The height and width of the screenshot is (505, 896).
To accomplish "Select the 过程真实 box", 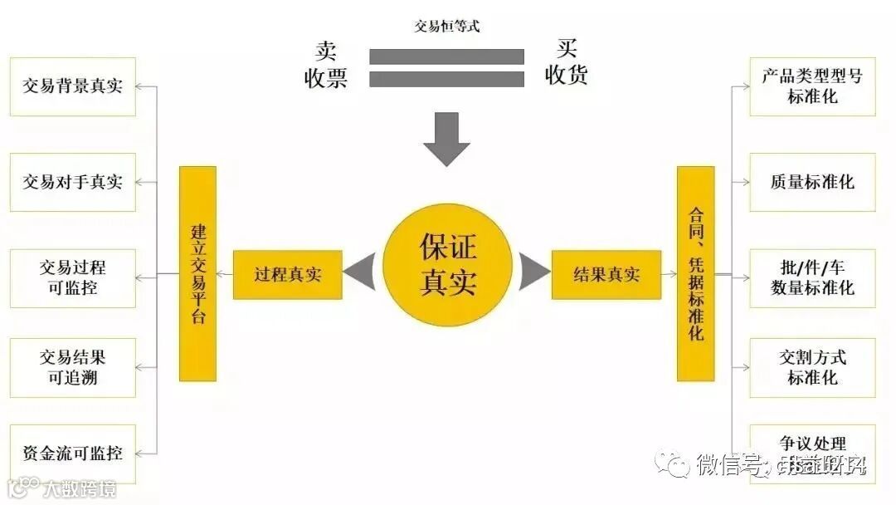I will pos(287,275).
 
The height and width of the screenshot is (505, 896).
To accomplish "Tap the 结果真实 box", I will pos(606,275).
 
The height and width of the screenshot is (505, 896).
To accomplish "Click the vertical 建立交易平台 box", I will pos(197,273).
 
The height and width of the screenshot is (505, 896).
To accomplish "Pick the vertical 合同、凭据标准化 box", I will pos(695,273).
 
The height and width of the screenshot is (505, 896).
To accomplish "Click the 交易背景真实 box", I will pos(72,86).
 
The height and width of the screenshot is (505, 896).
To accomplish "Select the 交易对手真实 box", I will pos(72,182).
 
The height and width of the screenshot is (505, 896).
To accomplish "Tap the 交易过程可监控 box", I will pos(72,278).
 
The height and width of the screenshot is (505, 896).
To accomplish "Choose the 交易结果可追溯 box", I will pos(72,367).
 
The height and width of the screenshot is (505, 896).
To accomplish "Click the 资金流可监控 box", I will pos(72,454).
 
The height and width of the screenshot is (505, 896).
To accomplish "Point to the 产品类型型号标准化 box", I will pos(812,86).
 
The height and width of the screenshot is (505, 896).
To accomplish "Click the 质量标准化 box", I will pos(812,182).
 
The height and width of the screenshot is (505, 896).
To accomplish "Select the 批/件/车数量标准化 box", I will pos(812,278).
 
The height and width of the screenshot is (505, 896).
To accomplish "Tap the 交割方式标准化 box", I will pos(812,367).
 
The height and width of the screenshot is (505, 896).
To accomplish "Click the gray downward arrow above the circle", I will pos(447,139).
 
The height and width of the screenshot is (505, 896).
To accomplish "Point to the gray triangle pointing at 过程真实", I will pos(360,272).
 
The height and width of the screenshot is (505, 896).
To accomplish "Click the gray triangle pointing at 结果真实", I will pos(534,272).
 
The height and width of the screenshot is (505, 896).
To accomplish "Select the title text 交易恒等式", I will pos(447,26).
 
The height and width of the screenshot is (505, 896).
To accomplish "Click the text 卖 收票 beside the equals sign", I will pos(326,65).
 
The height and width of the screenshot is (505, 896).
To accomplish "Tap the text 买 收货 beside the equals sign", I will pos(567,63).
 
